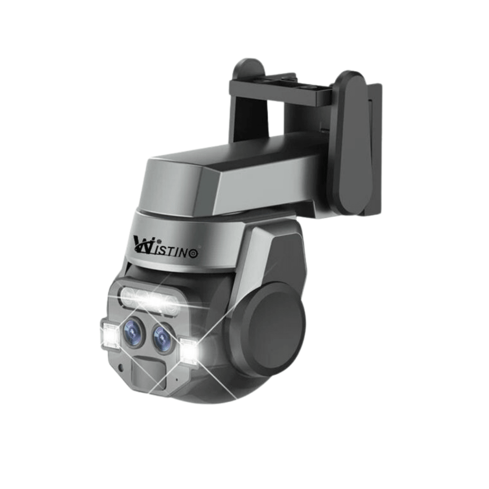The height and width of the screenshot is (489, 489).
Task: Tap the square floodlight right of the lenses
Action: pos(189,350)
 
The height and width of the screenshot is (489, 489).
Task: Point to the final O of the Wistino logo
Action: pos(193,254)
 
